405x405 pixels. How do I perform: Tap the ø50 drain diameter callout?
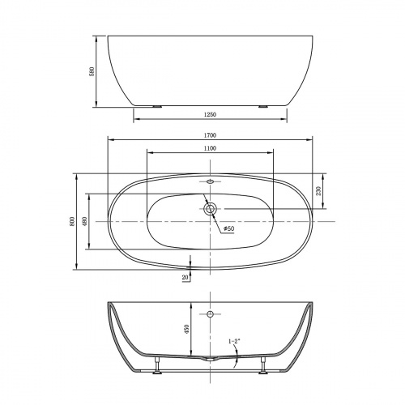coord(228,230)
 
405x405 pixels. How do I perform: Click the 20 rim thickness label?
coord(185,277)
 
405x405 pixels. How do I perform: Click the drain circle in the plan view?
coord(210,209)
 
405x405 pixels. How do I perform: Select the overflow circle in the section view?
coord(210,313)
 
